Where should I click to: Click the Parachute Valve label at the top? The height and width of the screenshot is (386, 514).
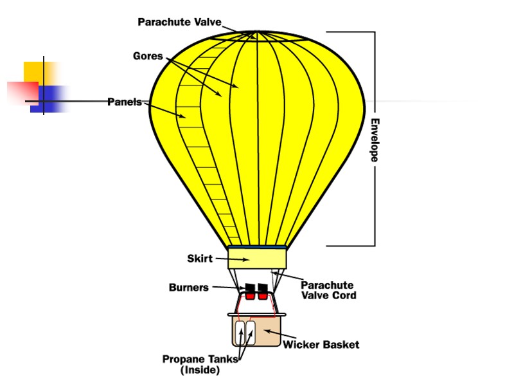[x=179, y=22]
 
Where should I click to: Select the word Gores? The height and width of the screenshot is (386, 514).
[x=148, y=56]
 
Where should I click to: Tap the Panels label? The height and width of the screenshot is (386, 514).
[x=125, y=102]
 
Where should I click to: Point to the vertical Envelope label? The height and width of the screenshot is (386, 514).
[x=375, y=140]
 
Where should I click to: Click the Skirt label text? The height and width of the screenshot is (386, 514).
[x=199, y=259]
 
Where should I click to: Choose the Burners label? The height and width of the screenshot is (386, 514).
[x=188, y=288]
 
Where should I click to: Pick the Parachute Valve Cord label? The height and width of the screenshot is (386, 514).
[x=328, y=290]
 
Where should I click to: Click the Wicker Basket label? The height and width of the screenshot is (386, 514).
[x=321, y=344]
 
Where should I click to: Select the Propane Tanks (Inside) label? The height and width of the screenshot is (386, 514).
[x=200, y=364]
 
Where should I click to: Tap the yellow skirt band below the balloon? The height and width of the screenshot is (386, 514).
[x=256, y=259]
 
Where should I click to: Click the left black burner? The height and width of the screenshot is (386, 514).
[x=250, y=287]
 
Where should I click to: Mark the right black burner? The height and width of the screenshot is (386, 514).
[x=263, y=287]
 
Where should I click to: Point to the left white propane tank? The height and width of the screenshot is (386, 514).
[x=241, y=333]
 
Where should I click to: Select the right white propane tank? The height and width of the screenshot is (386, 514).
[x=251, y=333]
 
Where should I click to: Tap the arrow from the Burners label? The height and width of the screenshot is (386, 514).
[x=227, y=288]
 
